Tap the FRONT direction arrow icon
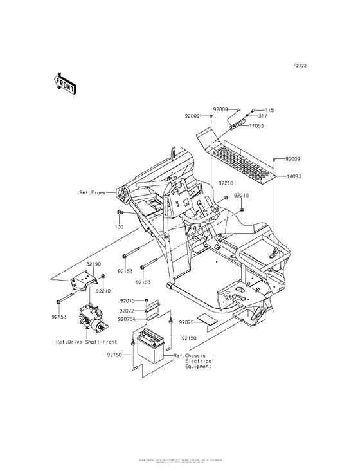[x=65, y=82]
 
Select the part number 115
[x=269, y=110]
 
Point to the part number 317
[x=263, y=116]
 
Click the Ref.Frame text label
[x=93, y=192]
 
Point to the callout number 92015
[x=127, y=300]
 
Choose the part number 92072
[x=127, y=310]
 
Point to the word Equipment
[x=198, y=369]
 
